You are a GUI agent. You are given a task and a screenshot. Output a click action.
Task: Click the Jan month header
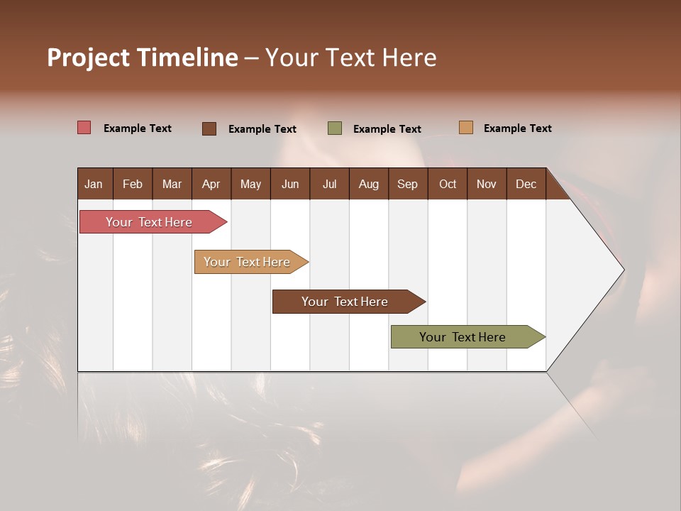(94, 184)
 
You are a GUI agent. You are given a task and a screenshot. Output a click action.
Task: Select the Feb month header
(133, 184)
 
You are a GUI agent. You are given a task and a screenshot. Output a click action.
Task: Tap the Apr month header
(211, 184)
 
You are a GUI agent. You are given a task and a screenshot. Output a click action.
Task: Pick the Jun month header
(289, 184)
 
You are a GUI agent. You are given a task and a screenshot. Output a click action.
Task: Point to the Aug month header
(368, 184)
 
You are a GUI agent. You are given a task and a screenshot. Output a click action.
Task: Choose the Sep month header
(407, 184)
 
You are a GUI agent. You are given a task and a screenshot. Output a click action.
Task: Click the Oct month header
(448, 184)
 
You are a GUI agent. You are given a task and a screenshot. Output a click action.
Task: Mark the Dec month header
(526, 184)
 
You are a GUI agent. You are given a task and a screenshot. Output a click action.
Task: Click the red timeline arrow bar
(150, 222)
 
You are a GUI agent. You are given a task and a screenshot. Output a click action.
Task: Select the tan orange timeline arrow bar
(248, 262)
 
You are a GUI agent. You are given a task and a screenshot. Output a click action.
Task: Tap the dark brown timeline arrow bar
(345, 302)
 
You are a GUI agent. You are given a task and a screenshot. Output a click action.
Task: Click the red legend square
(84, 128)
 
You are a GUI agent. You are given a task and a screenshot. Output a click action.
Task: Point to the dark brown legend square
(209, 128)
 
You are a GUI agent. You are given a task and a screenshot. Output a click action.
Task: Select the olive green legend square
(335, 128)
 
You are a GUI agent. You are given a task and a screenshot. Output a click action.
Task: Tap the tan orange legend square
(466, 128)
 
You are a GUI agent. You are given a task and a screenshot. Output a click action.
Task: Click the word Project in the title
(89, 58)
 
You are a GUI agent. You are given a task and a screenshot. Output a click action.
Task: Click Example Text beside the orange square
(517, 128)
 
